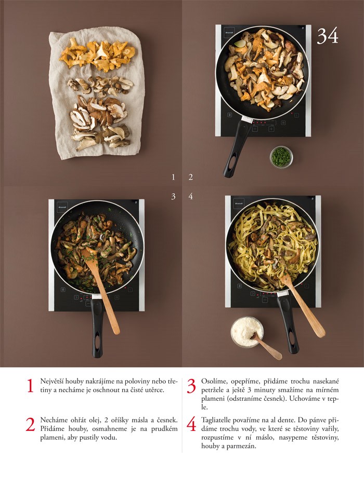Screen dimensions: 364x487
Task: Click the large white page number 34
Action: coord(328,36)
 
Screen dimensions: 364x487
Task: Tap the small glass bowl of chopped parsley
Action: coord(281,157)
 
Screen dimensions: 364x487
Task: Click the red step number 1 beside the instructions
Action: coord(30,386)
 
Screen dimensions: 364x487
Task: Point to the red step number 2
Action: coord(30,425)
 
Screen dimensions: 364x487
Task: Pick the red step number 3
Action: coord(191,386)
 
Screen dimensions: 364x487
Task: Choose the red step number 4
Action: coord(191,425)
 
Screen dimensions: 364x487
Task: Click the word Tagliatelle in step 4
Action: coord(216,421)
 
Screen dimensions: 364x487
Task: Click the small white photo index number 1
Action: coord(173,178)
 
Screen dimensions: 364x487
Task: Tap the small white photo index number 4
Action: coord(190,196)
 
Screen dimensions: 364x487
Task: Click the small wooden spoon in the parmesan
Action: coord(267,346)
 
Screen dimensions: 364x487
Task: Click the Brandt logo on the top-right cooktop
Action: coord(229,32)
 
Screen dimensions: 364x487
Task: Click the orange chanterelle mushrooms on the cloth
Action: coord(97,55)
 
